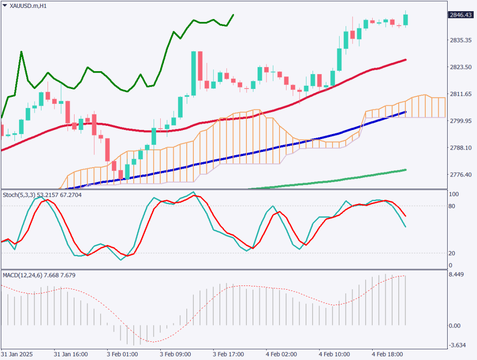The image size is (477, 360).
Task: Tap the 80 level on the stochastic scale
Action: coord(452,206)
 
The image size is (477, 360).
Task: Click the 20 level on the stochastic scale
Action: coord(452,253)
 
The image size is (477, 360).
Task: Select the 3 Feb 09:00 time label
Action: coord(175,354)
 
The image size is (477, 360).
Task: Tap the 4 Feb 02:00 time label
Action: coord(281,354)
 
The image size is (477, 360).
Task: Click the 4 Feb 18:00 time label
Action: coord(387,354)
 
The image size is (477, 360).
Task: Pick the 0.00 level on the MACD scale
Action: coord(455,326)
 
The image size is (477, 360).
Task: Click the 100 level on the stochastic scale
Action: coord(453,194)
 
